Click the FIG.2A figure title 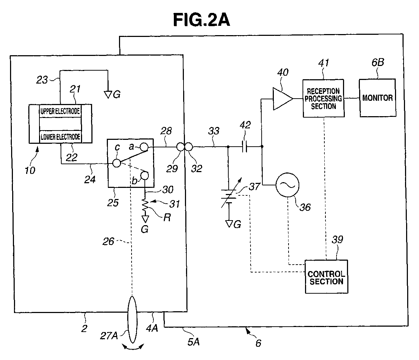point(201,20)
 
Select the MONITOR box point(377,98)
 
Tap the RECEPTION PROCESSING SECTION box point(323,98)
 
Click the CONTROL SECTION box point(326,276)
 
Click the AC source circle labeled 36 point(287,185)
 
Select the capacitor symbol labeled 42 point(244,146)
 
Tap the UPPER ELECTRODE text point(60,111)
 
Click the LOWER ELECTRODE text point(60,137)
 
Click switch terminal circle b point(144,176)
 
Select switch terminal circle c point(116,163)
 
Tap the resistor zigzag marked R point(145,205)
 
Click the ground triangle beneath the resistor point(145,219)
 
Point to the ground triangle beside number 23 point(108,95)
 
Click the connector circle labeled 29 point(180,147)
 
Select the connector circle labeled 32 point(189,147)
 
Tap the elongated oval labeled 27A point(132,319)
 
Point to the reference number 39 point(337,240)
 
